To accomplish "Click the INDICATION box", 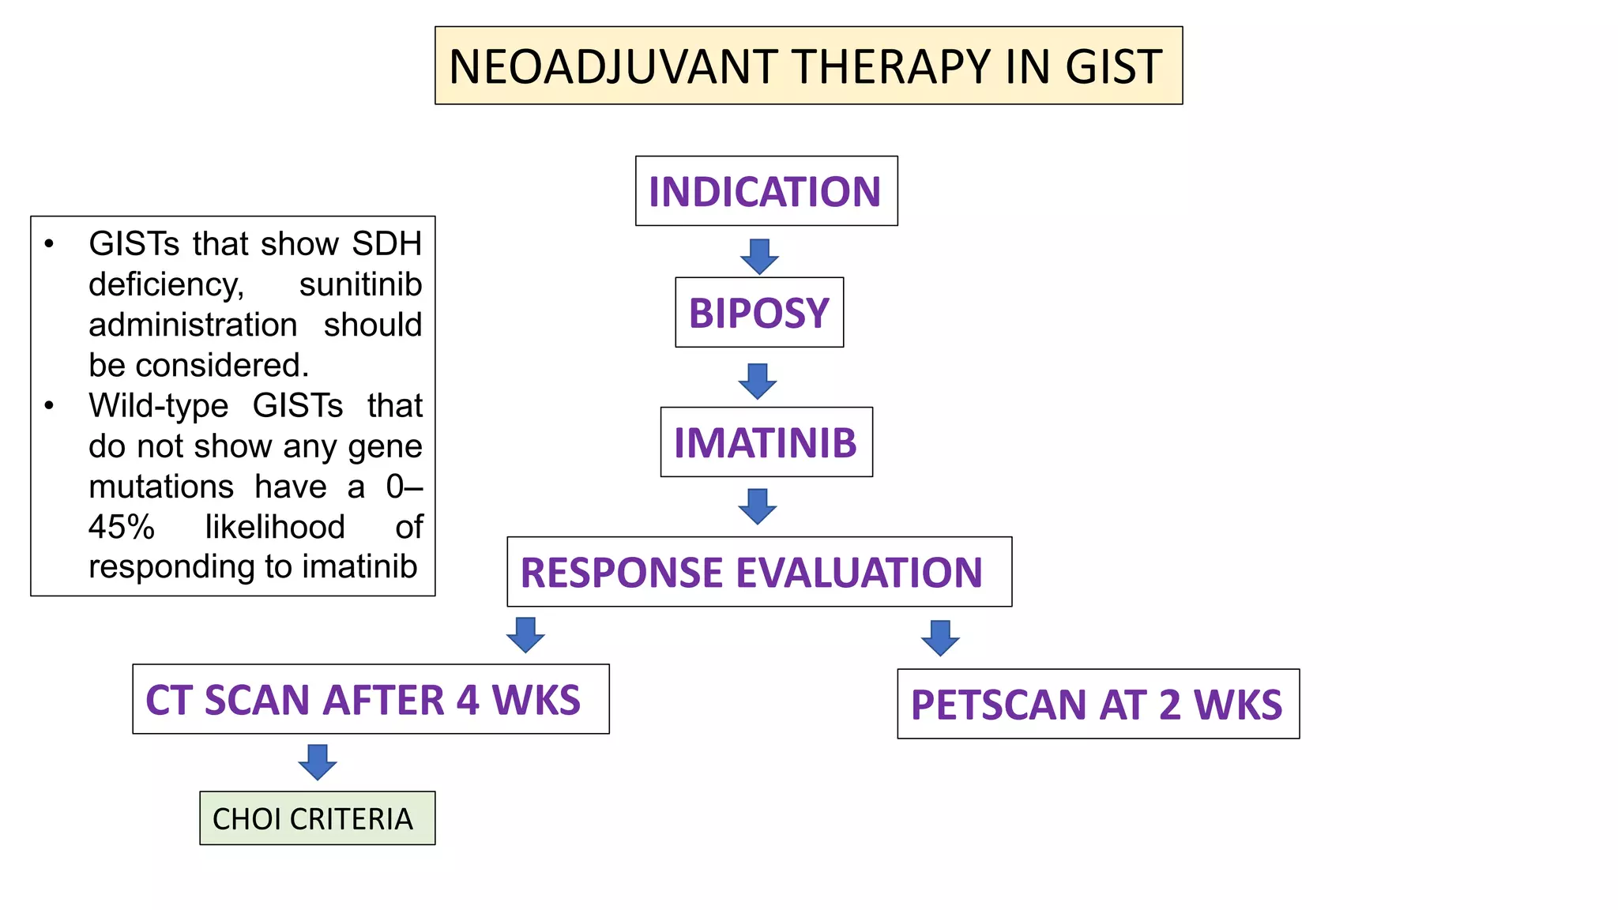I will pyautogui.click(x=766, y=191).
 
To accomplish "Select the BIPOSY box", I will pyautogui.click(x=758, y=313).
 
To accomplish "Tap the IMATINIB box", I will pyautogui.click(x=766, y=442).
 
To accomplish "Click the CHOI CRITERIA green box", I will pyautogui.click(x=317, y=818).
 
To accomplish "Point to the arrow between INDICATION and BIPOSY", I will pyautogui.click(x=759, y=257).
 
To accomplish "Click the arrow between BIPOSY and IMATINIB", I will pyautogui.click(x=758, y=381).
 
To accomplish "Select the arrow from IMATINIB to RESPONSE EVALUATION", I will pyautogui.click(x=758, y=506).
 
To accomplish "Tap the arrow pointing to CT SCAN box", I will pyautogui.click(x=525, y=634).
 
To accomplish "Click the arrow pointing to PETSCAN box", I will pyautogui.click(x=940, y=637).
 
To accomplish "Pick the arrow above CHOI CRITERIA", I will pyautogui.click(x=318, y=761).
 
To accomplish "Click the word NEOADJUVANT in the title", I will pyautogui.click(x=612, y=66).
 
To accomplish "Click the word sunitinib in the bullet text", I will pyautogui.click(x=360, y=284).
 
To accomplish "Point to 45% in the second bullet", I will pyautogui.click(x=121, y=527).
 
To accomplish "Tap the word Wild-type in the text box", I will pyautogui.click(x=158, y=406).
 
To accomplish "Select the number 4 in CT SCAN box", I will pyautogui.click(x=467, y=700).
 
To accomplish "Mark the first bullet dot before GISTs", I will pyautogui.click(x=49, y=244).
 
